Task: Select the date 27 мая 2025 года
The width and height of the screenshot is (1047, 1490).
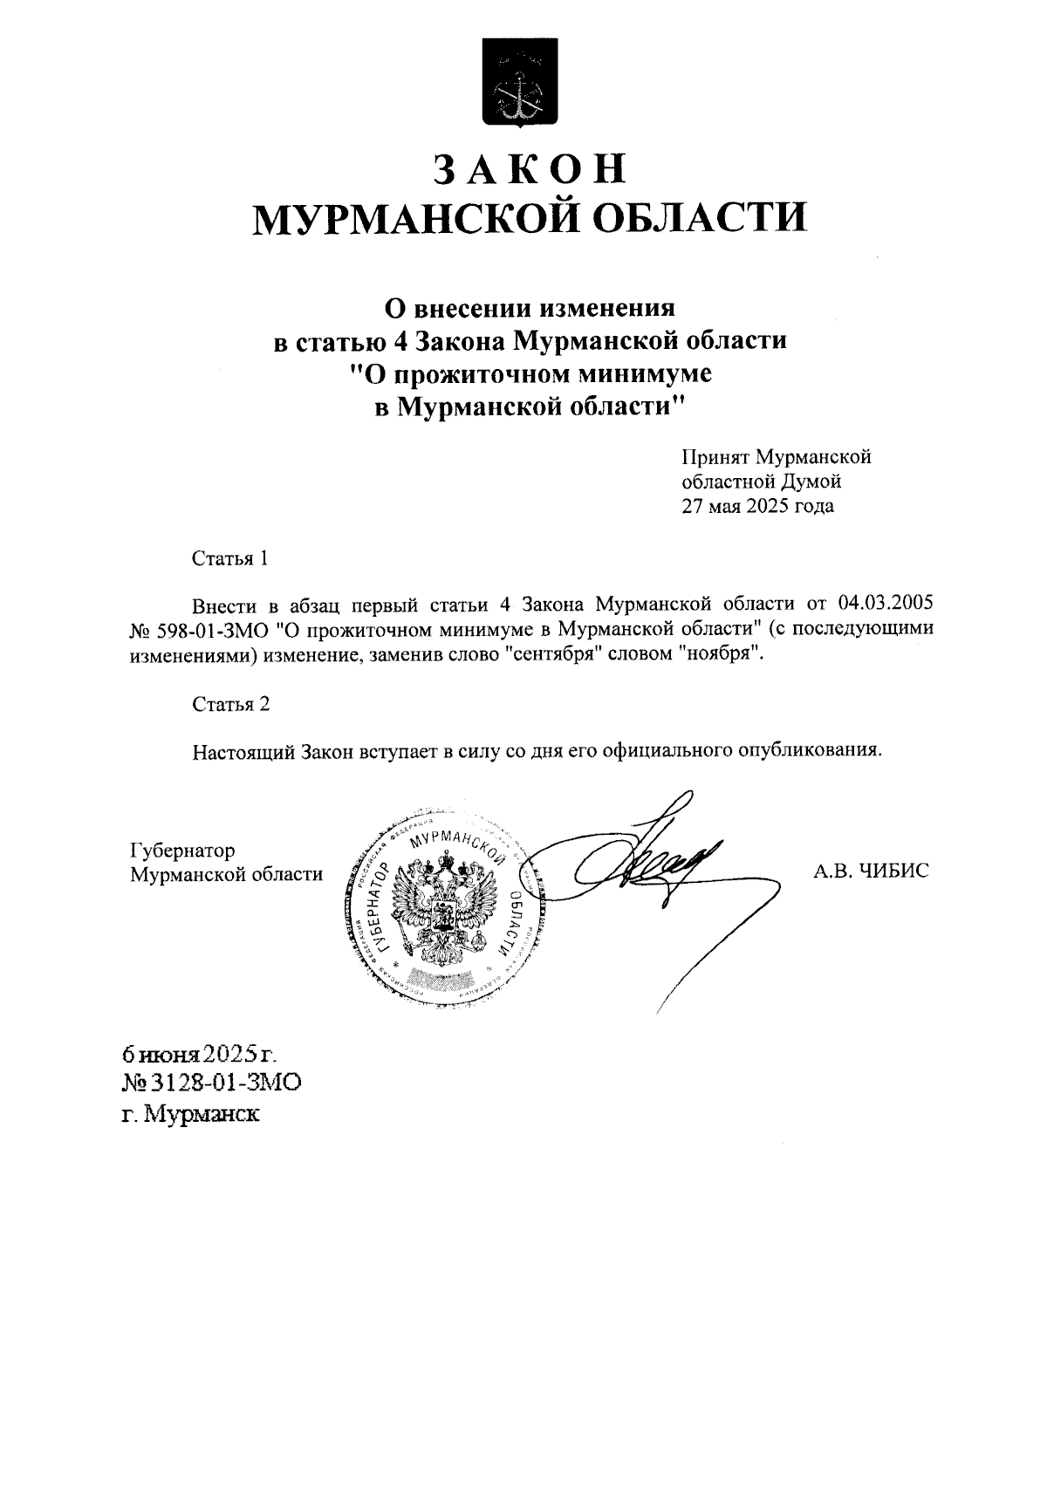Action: click(757, 506)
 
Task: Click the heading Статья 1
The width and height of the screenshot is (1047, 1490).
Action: click(230, 558)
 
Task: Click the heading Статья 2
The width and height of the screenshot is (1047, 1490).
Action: click(231, 705)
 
